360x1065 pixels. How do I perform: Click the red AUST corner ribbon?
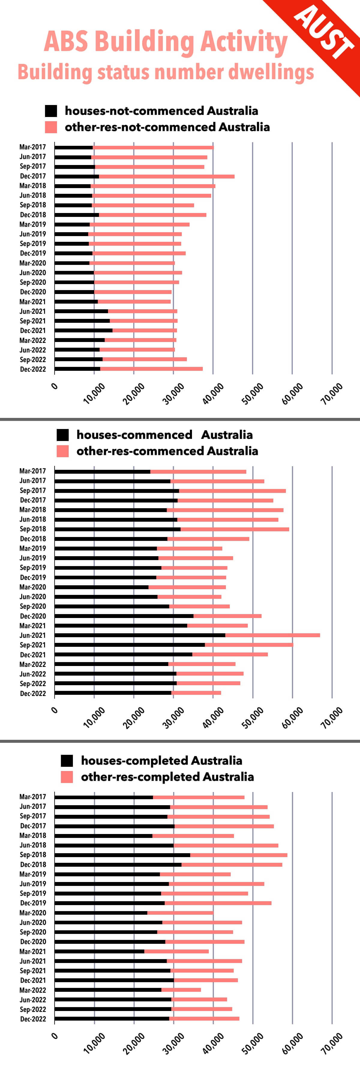coord(326,37)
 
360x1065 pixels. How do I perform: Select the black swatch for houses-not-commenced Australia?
coord(51,111)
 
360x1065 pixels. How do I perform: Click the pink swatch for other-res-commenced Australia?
coord(62,451)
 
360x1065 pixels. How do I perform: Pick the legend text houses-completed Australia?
coord(161,760)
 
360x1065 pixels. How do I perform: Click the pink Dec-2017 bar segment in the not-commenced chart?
coord(166,176)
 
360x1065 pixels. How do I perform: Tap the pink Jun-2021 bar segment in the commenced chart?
coord(272,635)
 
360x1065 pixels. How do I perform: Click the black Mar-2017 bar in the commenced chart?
coord(103,472)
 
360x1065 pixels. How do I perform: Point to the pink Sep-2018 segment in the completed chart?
coord(238,855)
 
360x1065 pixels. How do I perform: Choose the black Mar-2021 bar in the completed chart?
coord(99,951)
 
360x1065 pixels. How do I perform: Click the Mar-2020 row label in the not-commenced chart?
coord(33,263)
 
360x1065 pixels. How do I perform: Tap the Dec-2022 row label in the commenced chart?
coord(33,693)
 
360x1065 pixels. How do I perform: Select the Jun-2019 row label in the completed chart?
coord(33,883)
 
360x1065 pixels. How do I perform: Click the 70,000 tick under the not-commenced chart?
coord(332,394)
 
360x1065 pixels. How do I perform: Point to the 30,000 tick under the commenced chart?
coord(174,718)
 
